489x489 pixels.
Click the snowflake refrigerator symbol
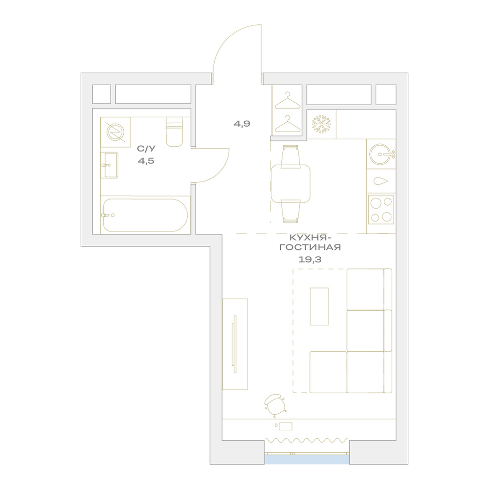pos(321,125)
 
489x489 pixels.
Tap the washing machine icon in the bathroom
pos(115,132)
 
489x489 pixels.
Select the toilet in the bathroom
pos(175,132)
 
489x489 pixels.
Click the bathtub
pos(145,215)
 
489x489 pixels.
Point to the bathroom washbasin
pos(109,165)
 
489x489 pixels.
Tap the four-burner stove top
pos(381,209)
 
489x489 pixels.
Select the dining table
pos(290,184)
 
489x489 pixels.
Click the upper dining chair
pos(290,156)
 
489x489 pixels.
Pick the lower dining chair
pos(290,211)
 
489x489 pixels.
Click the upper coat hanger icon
pos(287,100)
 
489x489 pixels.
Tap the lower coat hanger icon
pos(287,124)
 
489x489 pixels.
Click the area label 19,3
pos(310,259)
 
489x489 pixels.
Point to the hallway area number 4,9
pos(242,124)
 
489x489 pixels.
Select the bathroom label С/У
pos(146,149)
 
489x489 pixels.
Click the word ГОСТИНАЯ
pos(310,247)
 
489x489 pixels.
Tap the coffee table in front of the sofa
pos(319,306)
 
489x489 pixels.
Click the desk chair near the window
pos(275,405)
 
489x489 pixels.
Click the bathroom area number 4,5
pos(146,161)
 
